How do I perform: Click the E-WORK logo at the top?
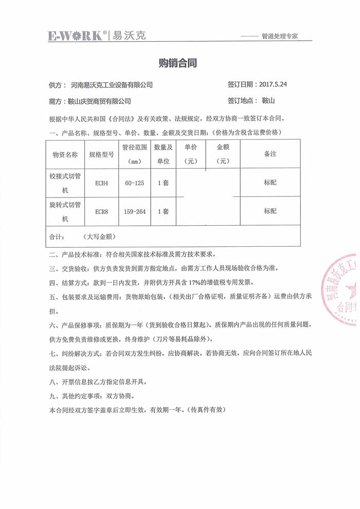tap(77, 35)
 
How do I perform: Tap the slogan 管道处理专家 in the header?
tap(280, 36)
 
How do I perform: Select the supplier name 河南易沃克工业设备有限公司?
tap(112, 84)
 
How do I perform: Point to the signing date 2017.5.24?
tap(273, 84)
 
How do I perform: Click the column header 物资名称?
tap(65, 154)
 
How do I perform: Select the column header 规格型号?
tap(101, 154)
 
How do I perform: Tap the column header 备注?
tap(271, 154)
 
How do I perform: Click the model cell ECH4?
tap(101, 183)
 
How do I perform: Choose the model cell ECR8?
tap(101, 211)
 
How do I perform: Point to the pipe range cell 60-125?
tap(135, 183)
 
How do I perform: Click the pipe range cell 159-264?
tap(135, 211)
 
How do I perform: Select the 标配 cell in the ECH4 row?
tap(271, 182)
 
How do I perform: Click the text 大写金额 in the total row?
tap(98, 237)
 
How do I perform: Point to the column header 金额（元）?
tap(223, 153)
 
